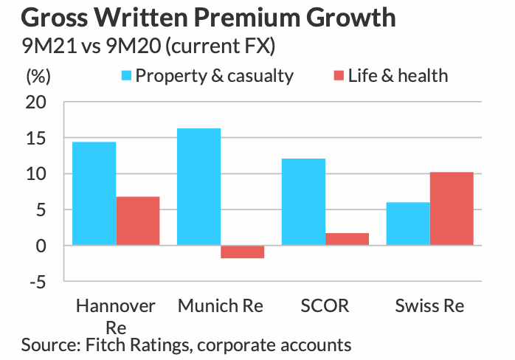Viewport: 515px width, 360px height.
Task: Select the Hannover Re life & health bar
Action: tap(137, 221)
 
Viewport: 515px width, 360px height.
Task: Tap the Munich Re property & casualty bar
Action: tap(198, 187)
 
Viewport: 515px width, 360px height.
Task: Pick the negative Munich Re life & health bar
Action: tap(242, 252)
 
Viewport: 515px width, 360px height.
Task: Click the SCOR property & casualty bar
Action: tap(303, 201)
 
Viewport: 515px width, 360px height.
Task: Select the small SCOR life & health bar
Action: tap(347, 239)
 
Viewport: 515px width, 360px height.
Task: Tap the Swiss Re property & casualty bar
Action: tap(408, 224)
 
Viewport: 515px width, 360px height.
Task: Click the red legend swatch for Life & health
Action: tap(339, 75)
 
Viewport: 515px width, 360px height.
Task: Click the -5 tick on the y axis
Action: tap(38, 281)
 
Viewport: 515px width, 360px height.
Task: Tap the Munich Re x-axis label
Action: tap(221, 306)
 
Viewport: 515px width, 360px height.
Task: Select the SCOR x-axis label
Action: tap(325, 306)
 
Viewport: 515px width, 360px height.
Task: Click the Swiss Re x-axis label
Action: tap(429, 306)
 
